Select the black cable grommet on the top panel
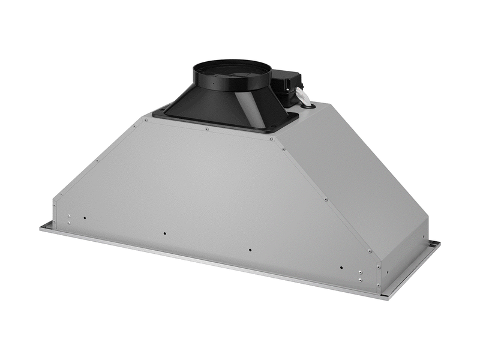click(309, 107)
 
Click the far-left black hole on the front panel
click(85, 218)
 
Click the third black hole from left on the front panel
click(250, 250)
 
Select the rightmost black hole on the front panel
click(341, 268)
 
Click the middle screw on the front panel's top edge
click(206, 128)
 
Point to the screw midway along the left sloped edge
click(96, 161)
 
